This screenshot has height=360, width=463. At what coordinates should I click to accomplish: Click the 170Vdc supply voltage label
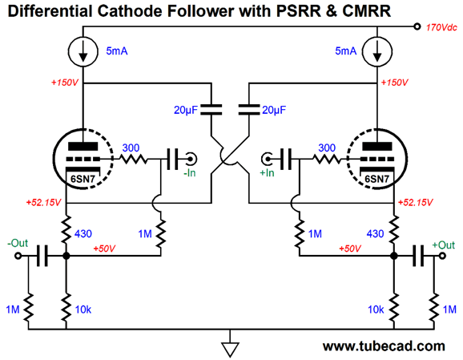441,27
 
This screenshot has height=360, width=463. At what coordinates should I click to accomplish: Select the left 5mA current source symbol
83,51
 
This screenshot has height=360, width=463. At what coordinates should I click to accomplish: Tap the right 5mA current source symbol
377,51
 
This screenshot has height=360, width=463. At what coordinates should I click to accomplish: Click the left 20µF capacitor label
185,110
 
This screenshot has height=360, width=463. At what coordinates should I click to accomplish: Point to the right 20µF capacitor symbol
249,109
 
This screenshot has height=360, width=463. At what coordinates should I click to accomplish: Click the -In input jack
191,160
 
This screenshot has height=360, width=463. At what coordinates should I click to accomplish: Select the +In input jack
267,160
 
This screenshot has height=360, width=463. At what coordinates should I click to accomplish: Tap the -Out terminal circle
18,256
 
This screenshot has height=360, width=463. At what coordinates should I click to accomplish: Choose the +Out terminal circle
442,256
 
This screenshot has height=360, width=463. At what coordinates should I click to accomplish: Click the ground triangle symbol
230,350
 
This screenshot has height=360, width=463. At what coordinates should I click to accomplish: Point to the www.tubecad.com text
384,346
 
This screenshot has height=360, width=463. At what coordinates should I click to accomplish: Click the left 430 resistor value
83,234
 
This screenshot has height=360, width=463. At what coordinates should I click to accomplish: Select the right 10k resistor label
376,309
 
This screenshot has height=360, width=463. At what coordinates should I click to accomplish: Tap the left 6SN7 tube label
83,179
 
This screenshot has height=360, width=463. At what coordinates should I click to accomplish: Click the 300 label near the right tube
327,148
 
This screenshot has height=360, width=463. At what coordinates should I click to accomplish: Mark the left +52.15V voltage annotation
43,203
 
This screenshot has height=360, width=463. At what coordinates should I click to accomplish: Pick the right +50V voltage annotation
350,249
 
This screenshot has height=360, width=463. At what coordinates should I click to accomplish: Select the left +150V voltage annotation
65,83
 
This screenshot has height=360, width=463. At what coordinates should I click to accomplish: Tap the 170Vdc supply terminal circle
417,26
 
